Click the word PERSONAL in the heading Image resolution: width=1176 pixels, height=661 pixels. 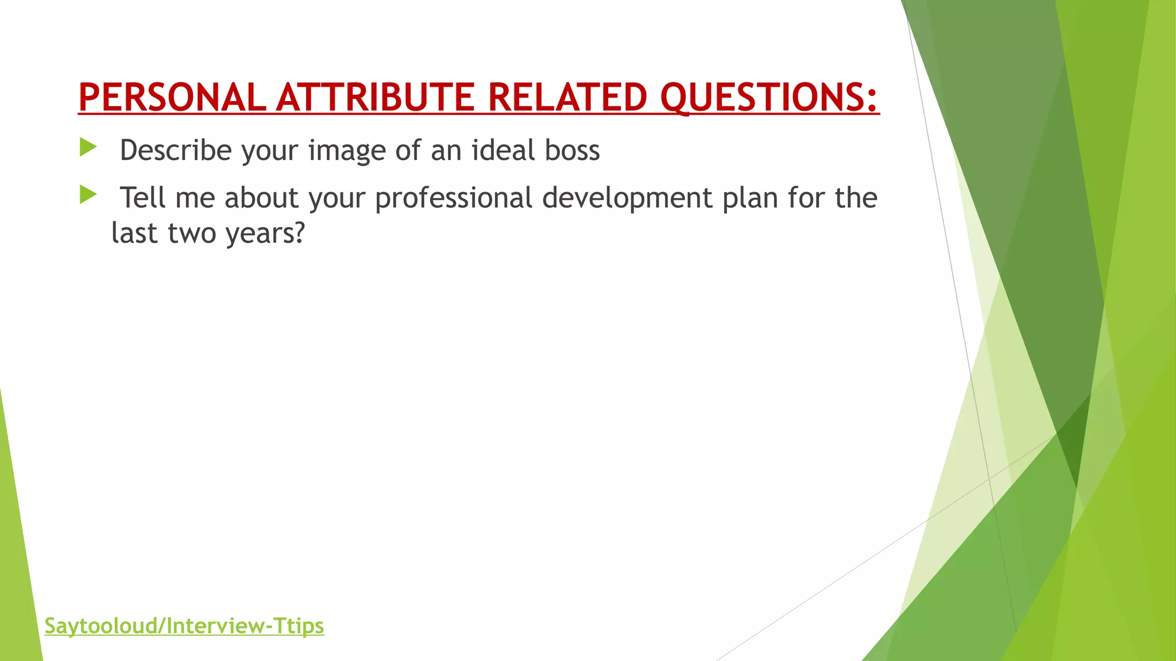tap(172, 97)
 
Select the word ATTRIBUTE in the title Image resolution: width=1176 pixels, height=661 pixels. tap(375, 97)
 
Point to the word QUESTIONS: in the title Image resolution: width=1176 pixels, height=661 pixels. tap(769, 97)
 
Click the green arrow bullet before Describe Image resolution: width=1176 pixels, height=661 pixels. tap(88, 147)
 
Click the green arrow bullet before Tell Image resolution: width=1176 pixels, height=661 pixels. tap(88, 195)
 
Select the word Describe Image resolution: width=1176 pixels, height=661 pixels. tap(176, 150)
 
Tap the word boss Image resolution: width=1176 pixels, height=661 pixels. tap(572, 150)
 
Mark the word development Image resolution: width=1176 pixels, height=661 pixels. tap(627, 198)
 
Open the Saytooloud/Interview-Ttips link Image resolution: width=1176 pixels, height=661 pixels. tap(184, 625)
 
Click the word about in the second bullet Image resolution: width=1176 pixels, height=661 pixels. tap(261, 198)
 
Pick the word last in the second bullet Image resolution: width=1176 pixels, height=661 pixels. tap(134, 234)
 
